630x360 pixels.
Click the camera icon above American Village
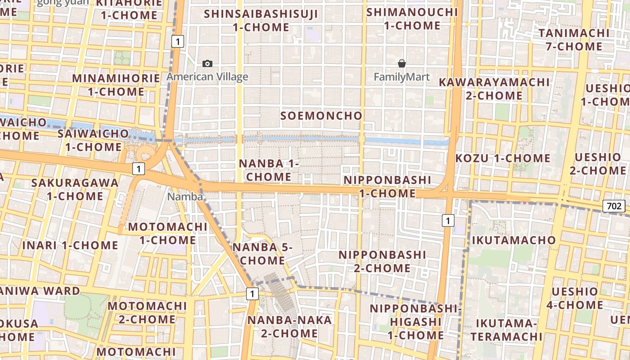(x=207, y=64)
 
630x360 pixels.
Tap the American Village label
(x=207, y=77)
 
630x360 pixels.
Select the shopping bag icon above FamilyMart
(x=402, y=64)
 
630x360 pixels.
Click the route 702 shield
(x=614, y=206)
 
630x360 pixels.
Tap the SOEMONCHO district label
(x=321, y=116)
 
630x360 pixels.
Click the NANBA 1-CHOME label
(x=269, y=170)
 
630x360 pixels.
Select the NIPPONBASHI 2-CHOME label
(x=382, y=261)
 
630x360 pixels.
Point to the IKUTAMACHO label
(x=514, y=240)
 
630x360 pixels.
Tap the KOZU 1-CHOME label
(x=503, y=158)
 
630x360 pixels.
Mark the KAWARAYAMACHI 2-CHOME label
(x=494, y=89)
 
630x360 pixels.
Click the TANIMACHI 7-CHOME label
(x=574, y=40)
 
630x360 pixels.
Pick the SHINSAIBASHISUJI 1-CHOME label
(x=261, y=20)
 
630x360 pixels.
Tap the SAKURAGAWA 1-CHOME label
(x=75, y=189)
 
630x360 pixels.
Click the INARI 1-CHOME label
(x=70, y=246)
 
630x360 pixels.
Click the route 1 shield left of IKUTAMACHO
(x=448, y=220)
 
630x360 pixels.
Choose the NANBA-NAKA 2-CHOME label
(x=290, y=327)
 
